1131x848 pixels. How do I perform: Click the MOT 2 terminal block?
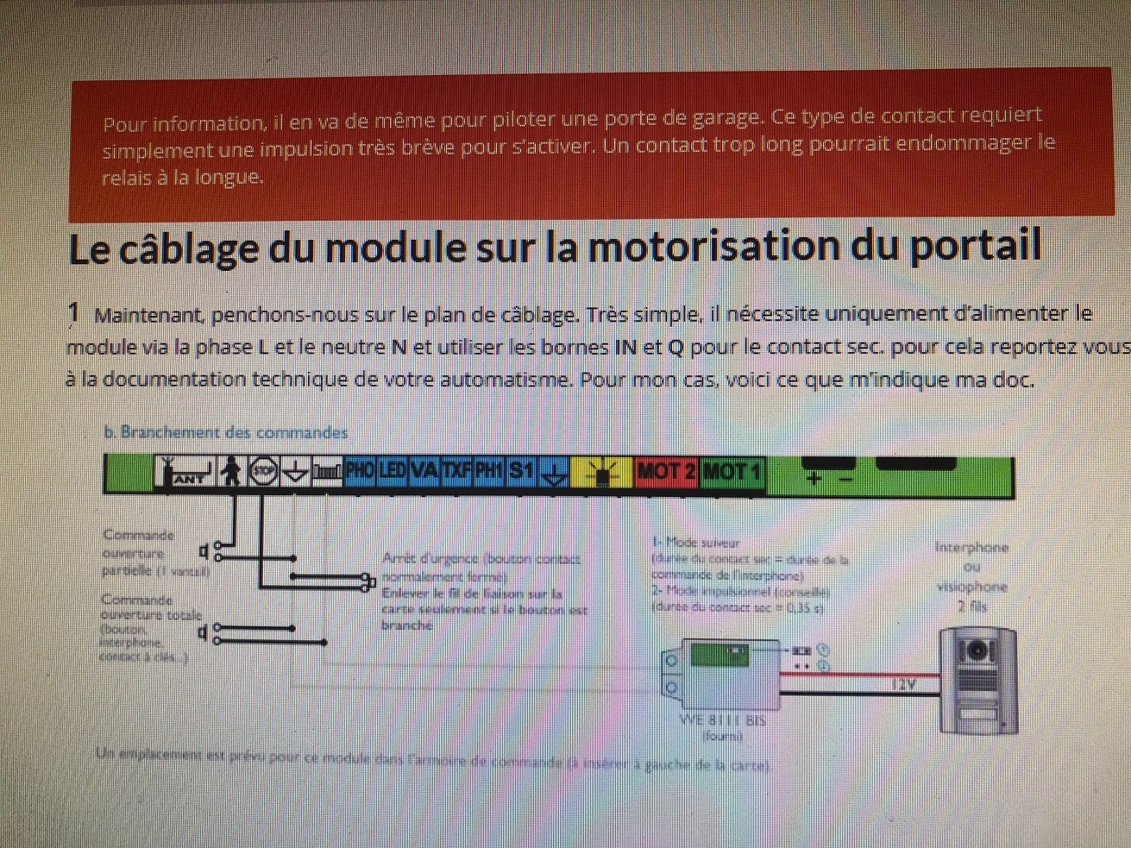pyautogui.click(x=665, y=472)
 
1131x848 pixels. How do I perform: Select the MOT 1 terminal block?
pyautogui.click(x=732, y=472)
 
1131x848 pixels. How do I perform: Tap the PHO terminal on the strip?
pyautogui.click(x=360, y=471)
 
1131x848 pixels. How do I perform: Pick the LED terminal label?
pyautogui.click(x=393, y=471)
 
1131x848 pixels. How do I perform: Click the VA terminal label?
pyautogui.click(x=424, y=471)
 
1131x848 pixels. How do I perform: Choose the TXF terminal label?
pyautogui.click(x=457, y=471)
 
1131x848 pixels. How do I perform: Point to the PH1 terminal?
pyautogui.click(x=489, y=471)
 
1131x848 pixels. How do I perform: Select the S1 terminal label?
pyautogui.click(x=521, y=471)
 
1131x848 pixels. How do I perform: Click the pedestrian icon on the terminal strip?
pyautogui.click(x=230, y=472)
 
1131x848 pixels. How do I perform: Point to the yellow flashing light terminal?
pyautogui.click(x=601, y=473)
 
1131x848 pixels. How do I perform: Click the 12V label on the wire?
pyautogui.click(x=903, y=685)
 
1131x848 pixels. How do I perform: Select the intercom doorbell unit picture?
pyautogui.click(x=977, y=682)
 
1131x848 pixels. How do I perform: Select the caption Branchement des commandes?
pyautogui.click(x=226, y=432)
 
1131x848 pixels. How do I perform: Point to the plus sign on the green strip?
pyautogui.click(x=813, y=478)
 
